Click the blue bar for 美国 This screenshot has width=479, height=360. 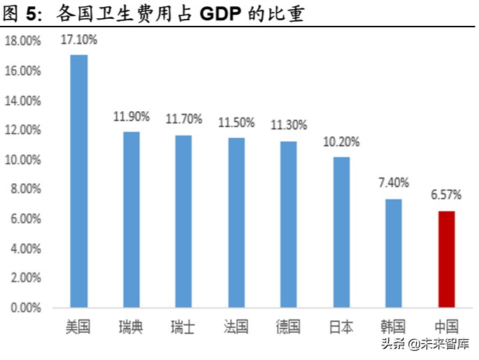coord(79,180)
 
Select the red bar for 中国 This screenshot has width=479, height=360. coord(446,259)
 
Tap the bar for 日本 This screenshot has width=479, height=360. coord(341,232)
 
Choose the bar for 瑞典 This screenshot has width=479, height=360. coord(131,219)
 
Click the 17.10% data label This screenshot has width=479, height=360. coord(79,40)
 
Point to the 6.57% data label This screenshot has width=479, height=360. coord(446,196)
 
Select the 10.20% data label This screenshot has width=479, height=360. coord(341,143)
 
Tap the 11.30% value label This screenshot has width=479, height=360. coord(289,125)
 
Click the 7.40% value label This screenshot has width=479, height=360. coord(394,184)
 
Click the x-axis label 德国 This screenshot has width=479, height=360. coord(289,326)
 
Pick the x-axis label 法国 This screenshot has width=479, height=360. coord(236,326)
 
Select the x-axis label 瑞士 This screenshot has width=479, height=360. coord(183,326)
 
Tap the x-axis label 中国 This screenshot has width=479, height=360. coord(446,326)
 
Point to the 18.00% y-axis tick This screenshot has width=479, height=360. coord(23,41)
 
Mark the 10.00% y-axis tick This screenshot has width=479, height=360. coord(23,159)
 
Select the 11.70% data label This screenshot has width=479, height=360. coord(183,119)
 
